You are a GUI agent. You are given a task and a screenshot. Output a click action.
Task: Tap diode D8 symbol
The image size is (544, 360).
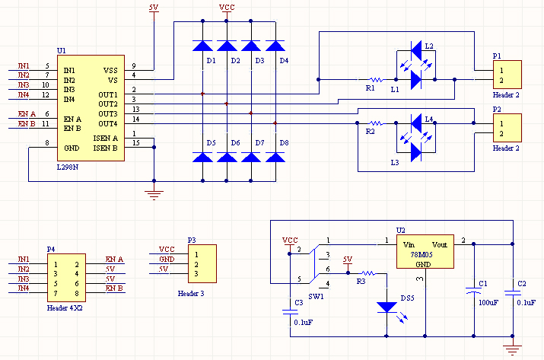[275, 157]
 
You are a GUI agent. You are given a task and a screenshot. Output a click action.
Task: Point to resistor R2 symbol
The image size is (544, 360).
[375, 123]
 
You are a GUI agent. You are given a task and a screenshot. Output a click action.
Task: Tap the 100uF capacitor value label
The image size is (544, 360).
[488, 302]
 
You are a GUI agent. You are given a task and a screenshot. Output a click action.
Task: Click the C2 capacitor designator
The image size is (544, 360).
[521, 283]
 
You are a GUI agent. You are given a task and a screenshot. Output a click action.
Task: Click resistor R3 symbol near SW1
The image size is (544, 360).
[367, 272]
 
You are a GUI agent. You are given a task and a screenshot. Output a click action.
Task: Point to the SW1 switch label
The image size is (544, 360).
[316, 296]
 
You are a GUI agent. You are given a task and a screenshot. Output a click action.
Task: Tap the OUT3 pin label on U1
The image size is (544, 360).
[107, 113]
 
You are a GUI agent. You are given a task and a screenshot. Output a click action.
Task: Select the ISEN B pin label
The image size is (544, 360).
[105, 148]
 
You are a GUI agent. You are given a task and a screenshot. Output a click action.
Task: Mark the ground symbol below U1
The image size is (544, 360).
[154, 194]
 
